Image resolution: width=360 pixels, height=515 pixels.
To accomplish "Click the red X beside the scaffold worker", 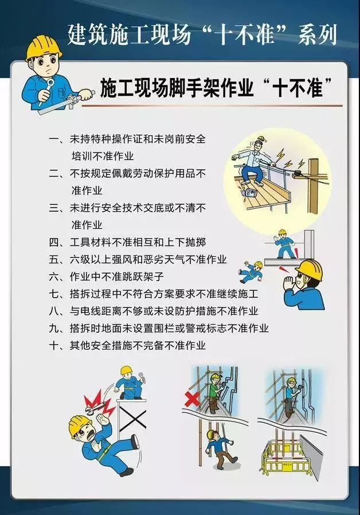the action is point(192,399).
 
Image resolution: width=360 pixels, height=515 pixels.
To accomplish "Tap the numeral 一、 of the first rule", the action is point(57,139).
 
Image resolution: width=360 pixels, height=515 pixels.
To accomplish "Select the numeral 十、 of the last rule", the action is point(57,345).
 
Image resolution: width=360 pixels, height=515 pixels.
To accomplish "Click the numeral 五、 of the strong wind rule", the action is point(57,259).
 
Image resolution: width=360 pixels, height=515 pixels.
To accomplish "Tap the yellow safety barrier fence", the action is point(285,457).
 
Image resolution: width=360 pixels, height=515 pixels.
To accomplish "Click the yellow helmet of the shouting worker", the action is point(309,268).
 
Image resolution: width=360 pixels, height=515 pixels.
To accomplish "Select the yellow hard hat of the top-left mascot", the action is point(44,47).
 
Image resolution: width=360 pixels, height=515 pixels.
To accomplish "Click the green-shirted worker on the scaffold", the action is point(214,392).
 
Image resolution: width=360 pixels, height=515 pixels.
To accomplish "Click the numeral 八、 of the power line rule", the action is point(57,311).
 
